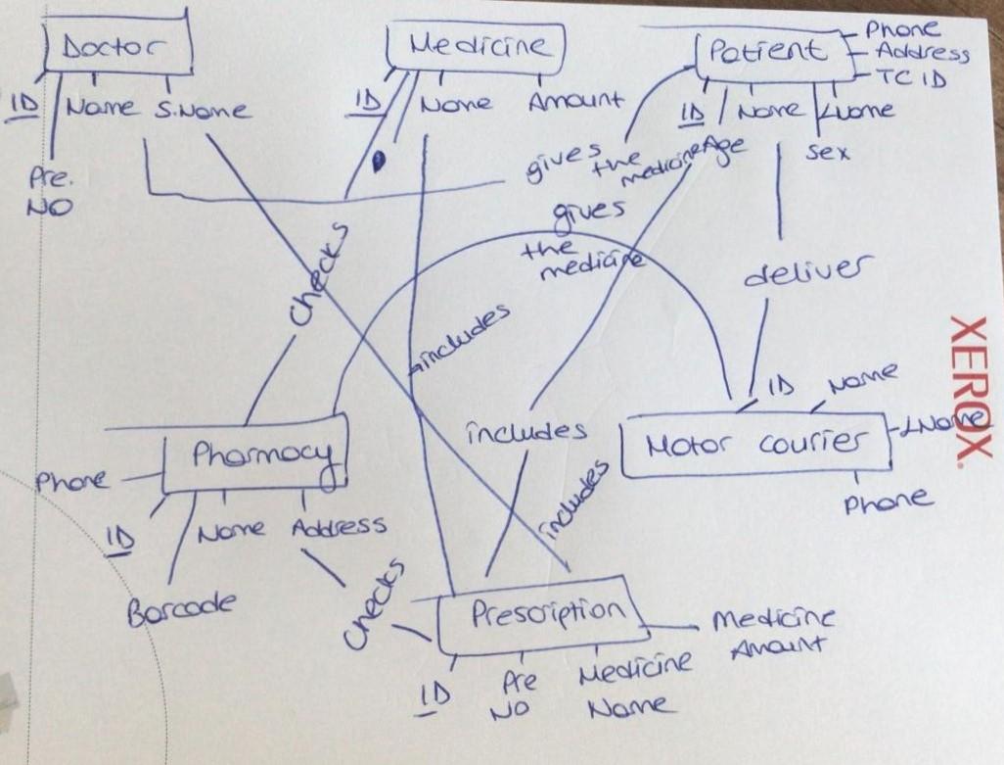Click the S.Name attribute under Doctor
point(202,110)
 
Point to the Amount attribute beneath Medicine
point(574,100)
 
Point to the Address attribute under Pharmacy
point(339,527)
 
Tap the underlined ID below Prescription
point(432,696)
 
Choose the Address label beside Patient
point(922,52)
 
